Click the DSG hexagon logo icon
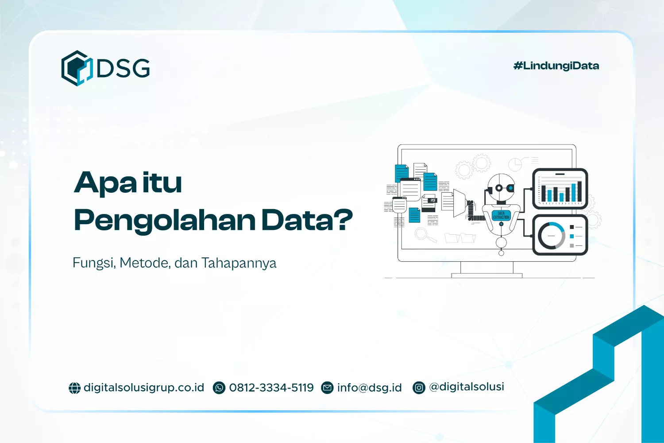click(76, 68)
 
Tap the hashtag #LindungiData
click(556, 66)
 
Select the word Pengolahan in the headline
click(165, 220)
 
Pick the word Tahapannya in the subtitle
click(239, 263)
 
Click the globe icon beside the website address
click(74, 388)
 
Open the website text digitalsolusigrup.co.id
click(144, 388)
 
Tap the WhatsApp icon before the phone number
click(219, 388)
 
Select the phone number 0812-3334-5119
click(271, 388)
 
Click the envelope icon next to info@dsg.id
click(327, 388)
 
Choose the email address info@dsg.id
click(369, 388)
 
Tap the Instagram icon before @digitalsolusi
click(419, 388)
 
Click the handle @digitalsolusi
click(467, 387)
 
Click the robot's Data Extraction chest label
click(501, 215)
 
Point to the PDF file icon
click(429, 202)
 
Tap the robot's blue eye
click(510, 188)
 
